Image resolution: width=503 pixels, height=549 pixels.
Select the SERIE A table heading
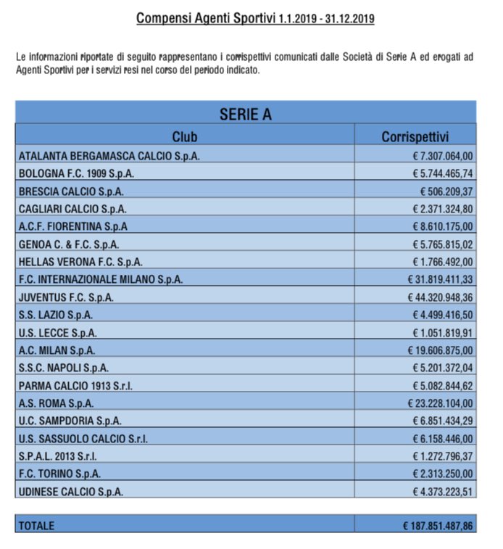point(246,114)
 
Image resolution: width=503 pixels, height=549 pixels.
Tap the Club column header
point(185,136)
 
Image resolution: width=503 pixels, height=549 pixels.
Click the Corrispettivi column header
point(415,136)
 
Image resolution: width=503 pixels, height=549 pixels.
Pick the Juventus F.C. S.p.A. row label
point(66,297)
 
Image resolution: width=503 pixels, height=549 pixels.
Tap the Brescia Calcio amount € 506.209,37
point(446,191)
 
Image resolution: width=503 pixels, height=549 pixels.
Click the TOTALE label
point(36,525)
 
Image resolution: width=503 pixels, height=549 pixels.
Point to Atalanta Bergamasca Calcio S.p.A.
point(109,156)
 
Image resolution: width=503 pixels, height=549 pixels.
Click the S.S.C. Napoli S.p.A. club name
point(64,368)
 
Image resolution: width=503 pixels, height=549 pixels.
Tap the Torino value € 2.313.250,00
point(444,474)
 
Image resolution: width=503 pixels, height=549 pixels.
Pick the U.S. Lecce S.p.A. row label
point(58,333)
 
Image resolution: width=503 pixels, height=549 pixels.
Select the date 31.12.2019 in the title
point(349,20)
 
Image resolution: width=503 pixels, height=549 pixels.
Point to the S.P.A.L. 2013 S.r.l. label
point(57,456)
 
